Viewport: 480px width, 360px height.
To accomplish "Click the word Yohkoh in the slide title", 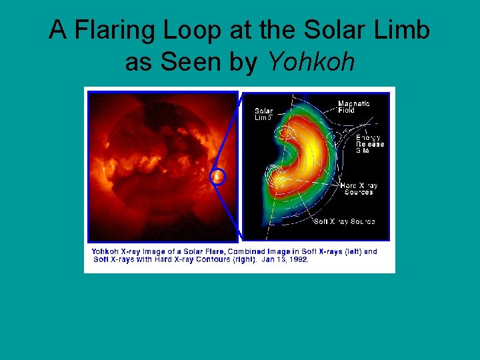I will pyautogui.click(x=311, y=62).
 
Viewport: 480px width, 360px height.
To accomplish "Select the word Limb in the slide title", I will pyautogui.click(x=399, y=30).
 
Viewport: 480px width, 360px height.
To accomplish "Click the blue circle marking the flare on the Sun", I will pyautogui.click(x=217, y=177).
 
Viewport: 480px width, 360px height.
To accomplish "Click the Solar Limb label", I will pyautogui.click(x=263, y=114).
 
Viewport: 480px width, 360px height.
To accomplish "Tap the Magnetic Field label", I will pyautogui.click(x=353, y=107).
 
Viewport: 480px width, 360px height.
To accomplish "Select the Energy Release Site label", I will pyautogui.click(x=369, y=144).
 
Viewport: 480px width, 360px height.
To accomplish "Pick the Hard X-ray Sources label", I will pyautogui.click(x=359, y=189).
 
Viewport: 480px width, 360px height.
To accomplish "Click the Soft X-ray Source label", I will pyautogui.click(x=344, y=221).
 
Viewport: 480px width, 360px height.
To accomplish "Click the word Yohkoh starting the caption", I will pyautogui.click(x=105, y=251).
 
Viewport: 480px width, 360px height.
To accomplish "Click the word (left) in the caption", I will pyautogui.click(x=347, y=251).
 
